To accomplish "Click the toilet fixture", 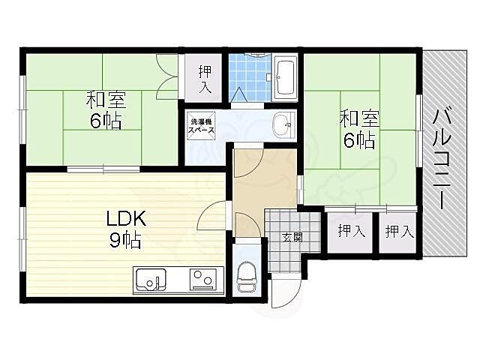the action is [x=247, y=277].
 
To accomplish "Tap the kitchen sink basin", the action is [x=151, y=280].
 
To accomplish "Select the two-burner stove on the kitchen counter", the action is [x=203, y=279].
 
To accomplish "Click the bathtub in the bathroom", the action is [x=285, y=77].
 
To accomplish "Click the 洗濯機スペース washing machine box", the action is [x=202, y=125].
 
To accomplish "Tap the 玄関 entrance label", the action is [x=292, y=237].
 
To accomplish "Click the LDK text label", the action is [x=126, y=218].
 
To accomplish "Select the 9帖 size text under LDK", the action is [x=125, y=240].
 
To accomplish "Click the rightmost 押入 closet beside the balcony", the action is [x=398, y=232].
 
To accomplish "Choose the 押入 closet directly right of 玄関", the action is [x=351, y=232].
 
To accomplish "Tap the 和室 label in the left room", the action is [x=106, y=100].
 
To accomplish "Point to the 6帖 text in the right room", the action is [x=359, y=140].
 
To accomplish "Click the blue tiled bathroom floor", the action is [x=250, y=77].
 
